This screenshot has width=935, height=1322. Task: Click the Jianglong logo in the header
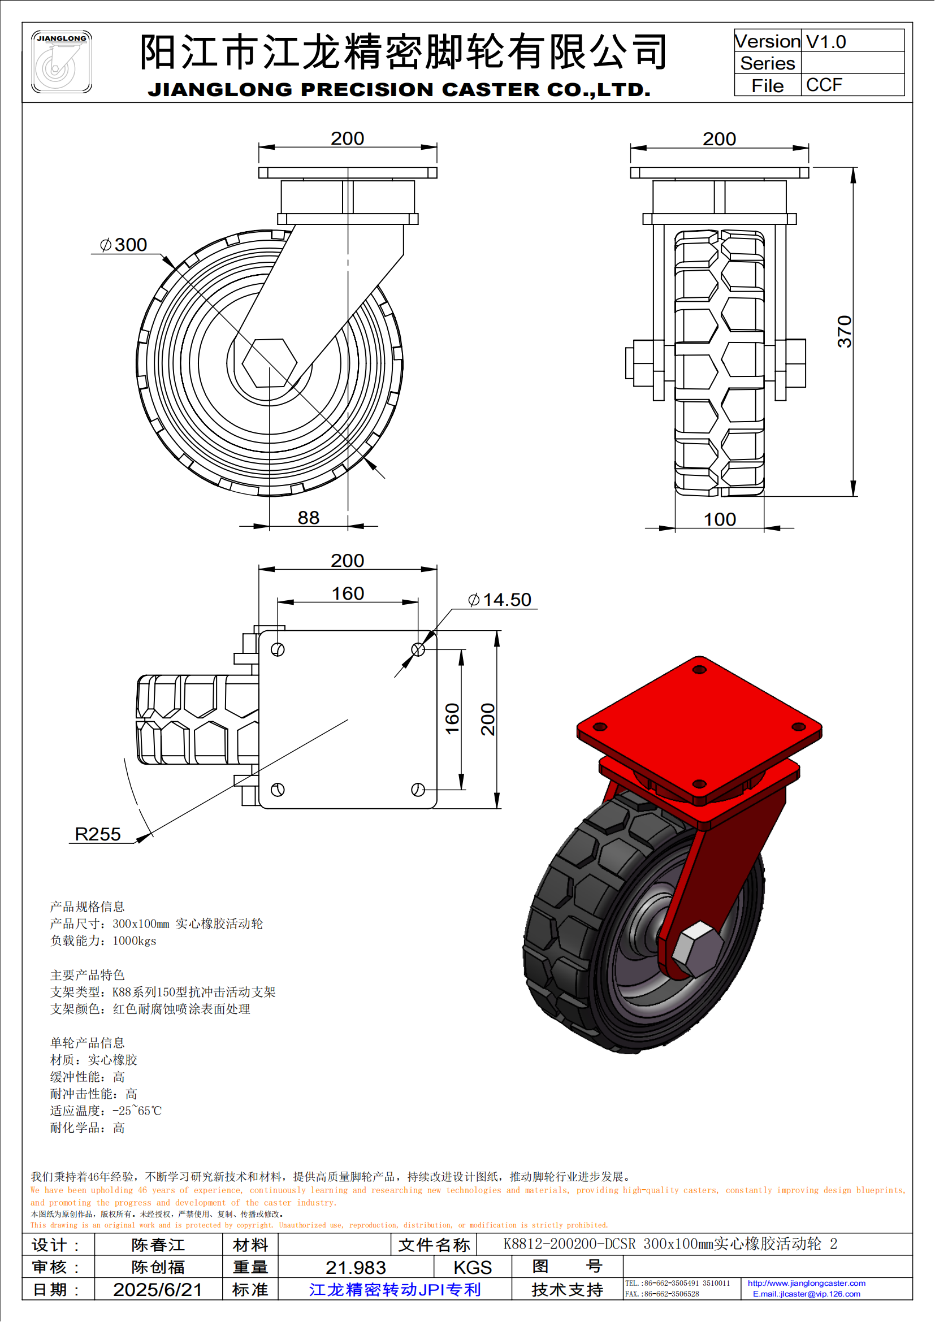(61, 62)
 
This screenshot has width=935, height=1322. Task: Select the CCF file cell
(824, 85)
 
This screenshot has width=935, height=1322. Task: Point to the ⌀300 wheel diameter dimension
(124, 245)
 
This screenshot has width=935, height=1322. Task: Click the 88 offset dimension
(309, 518)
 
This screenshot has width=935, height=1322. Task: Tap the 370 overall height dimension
(844, 331)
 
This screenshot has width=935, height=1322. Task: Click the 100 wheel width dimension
(720, 519)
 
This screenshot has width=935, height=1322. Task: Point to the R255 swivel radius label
(98, 834)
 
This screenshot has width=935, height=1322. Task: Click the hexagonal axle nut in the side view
(270, 363)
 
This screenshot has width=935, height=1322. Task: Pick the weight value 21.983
(355, 1267)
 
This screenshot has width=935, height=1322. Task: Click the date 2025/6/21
(158, 1289)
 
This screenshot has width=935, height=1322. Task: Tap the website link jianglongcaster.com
(806, 1283)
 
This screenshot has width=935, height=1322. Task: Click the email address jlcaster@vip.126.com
(806, 1294)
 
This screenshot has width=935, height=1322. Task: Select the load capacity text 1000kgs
(134, 941)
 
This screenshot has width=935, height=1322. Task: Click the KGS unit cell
(472, 1267)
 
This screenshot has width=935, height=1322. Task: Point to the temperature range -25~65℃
(137, 1111)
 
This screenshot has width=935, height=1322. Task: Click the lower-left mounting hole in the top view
(278, 790)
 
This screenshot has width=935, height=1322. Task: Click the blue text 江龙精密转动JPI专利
(395, 1289)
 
